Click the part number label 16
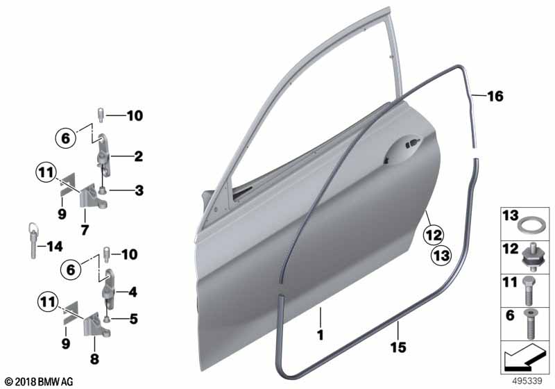(x=495, y=97)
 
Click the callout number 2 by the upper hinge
(x=138, y=157)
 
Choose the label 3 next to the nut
(x=138, y=190)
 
